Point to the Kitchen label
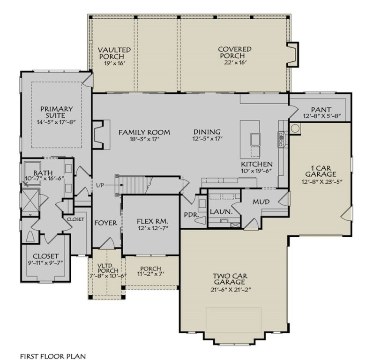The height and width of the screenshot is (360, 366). coord(257,165)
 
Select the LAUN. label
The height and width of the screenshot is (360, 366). coord(221,212)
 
